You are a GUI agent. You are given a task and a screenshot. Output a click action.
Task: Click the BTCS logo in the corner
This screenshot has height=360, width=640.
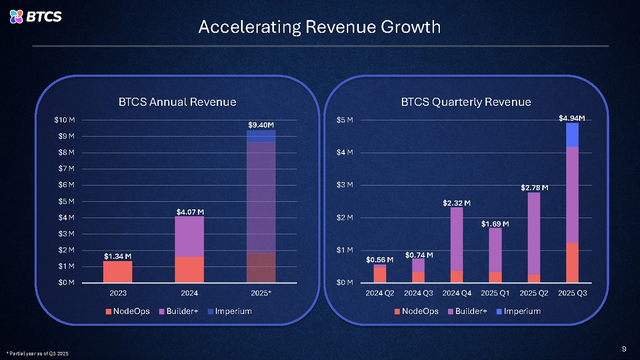tap(35, 17)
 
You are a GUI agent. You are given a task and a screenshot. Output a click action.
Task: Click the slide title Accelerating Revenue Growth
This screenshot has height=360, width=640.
tap(319, 27)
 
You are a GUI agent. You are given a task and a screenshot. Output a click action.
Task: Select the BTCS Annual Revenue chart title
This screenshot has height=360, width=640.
tap(177, 102)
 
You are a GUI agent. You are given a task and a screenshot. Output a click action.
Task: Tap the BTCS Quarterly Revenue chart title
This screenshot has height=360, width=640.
tap(465, 102)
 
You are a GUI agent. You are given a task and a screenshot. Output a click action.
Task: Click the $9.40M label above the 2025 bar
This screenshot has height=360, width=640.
tap(261, 125)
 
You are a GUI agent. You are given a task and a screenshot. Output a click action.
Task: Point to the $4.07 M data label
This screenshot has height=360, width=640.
tap(190, 212)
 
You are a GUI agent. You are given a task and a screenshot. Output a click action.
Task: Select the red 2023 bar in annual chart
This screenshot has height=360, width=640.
tap(118, 272)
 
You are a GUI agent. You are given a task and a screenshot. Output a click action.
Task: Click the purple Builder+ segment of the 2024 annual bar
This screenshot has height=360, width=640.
tap(190, 237)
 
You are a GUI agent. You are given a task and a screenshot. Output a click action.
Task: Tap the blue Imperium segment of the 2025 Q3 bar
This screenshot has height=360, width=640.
tap(572, 135)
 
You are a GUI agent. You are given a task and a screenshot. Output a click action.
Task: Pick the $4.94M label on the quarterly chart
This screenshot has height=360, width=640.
tap(572, 119)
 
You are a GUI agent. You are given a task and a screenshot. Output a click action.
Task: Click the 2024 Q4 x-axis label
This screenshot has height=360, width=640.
tap(457, 293)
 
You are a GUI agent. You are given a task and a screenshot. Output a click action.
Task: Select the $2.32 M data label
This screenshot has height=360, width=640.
tap(457, 203)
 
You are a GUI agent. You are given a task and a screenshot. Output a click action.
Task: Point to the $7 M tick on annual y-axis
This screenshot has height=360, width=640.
tap(66, 169)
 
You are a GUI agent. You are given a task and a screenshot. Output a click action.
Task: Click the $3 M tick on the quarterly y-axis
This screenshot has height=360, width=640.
tap(344, 185)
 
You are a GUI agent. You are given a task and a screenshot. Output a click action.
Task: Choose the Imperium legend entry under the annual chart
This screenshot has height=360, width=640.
tap(229, 311)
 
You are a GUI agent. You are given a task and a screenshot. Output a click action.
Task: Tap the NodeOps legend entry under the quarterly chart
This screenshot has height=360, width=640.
tap(417, 311)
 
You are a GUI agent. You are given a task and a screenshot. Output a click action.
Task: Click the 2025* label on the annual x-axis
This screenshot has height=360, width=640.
tap(261, 293)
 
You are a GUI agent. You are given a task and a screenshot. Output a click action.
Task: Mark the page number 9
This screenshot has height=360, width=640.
tap(624, 349)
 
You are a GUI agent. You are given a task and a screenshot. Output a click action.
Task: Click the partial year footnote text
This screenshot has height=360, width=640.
tap(38, 354)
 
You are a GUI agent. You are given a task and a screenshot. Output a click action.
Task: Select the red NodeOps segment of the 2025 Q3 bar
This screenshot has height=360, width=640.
tap(572, 263)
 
